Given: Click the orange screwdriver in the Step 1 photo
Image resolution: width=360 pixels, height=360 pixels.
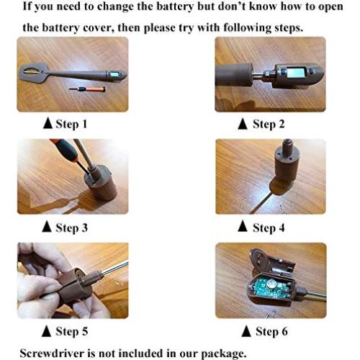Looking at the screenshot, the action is [x=87, y=89].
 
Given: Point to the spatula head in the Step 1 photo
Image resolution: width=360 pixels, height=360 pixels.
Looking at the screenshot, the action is [x=34, y=73].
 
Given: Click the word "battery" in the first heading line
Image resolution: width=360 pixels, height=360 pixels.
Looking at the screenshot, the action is [x=174, y=6].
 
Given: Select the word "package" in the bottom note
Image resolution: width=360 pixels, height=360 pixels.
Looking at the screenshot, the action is [x=224, y=354].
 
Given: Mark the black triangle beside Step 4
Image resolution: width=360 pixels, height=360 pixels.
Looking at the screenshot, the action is [x=243, y=226].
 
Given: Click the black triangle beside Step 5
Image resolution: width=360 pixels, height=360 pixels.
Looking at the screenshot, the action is [x=46, y=330].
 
